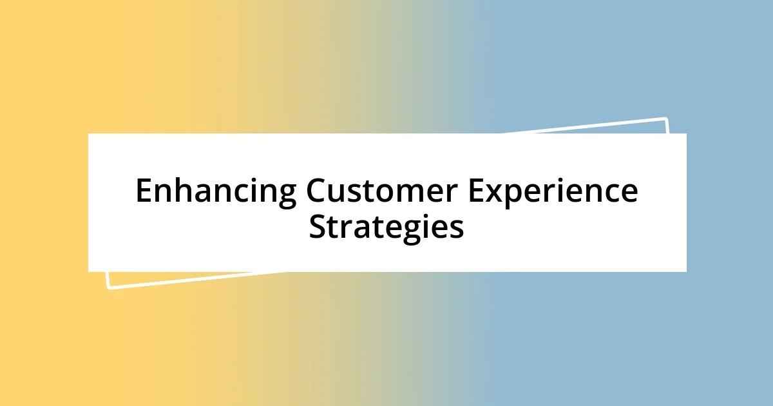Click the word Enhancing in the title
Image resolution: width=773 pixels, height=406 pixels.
point(216,191)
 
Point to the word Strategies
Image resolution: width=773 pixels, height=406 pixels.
point(386,227)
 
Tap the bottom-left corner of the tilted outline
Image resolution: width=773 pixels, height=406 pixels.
point(108,287)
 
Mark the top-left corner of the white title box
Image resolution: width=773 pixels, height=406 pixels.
point(89,134)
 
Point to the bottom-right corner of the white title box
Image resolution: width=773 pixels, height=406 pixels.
point(686,271)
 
